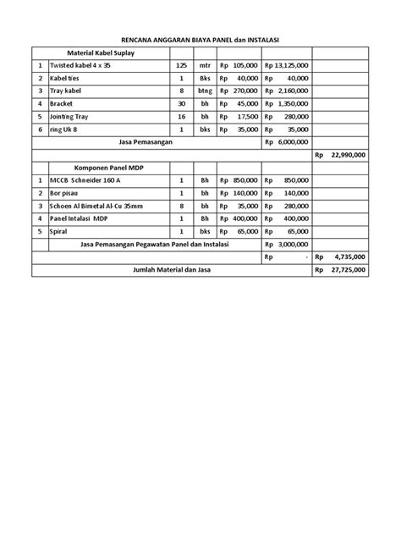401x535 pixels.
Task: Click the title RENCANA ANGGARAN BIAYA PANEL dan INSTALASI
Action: click(x=200, y=40)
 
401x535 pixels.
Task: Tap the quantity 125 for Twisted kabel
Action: click(x=180, y=65)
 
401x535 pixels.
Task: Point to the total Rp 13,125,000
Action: click(x=287, y=65)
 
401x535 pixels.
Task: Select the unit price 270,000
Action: click(x=244, y=91)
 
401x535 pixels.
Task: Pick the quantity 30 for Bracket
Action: click(x=180, y=103)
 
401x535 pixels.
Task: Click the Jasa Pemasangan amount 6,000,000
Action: click(x=287, y=142)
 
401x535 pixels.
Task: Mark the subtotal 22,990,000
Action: click(x=345, y=155)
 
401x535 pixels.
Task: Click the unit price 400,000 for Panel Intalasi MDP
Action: click(x=244, y=218)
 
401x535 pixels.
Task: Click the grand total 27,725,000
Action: click(x=345, y=270)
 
